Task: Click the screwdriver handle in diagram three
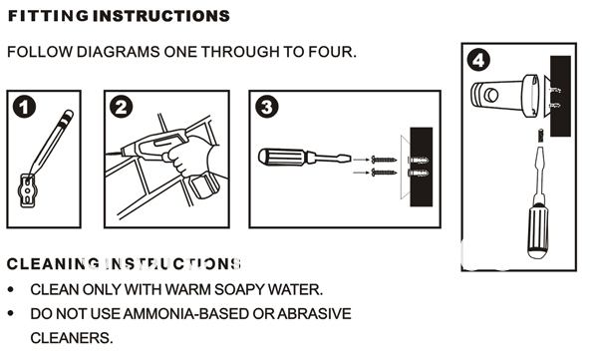pos(284,158)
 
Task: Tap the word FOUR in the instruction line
pos(328,50)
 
